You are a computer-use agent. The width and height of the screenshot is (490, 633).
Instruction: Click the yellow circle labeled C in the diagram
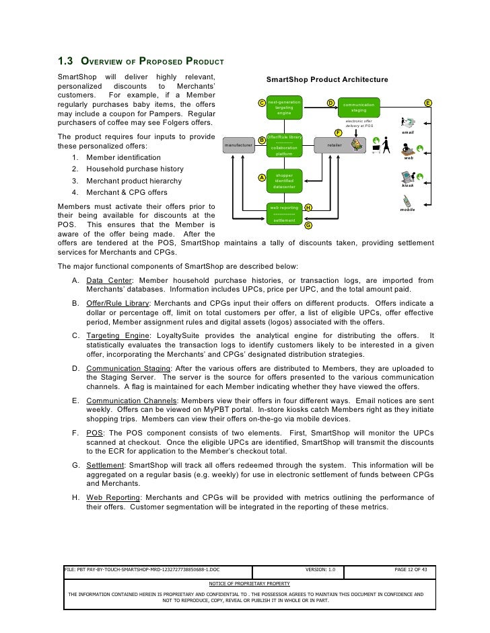(x=262, y=103)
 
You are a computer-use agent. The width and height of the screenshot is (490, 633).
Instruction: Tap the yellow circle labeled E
(x=428, y=103)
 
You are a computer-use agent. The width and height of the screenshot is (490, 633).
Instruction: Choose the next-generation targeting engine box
(x=284, y=108)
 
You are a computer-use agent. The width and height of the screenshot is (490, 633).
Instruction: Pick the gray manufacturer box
(x=238, y=144)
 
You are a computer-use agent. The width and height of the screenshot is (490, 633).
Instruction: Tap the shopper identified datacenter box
(x=284, y=181)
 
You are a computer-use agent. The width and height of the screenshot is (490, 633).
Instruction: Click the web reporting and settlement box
(x=284, y=214)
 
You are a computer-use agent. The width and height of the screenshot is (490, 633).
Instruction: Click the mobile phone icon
(x=408, y=201)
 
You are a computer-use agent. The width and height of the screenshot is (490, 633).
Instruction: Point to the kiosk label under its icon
(x=408, y=185)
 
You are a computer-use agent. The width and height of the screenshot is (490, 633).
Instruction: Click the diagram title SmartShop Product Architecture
(x=327, y=80)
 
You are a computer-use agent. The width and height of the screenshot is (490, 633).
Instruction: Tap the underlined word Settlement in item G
(x=105, y=465)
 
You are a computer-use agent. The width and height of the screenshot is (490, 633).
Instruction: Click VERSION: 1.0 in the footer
(x=320, y=570)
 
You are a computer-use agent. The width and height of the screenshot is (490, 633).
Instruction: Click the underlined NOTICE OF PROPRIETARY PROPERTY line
(x=250, y=583)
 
